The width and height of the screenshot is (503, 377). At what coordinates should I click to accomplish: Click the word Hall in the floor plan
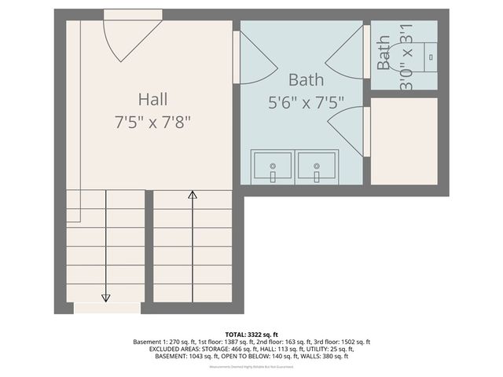click(152, 100)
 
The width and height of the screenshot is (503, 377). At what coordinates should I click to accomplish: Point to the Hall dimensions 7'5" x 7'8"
click(152, 122)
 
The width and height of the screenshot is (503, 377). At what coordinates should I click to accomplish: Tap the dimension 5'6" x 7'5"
click(305, 101)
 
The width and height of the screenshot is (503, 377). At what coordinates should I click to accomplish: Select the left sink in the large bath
click(273, 167)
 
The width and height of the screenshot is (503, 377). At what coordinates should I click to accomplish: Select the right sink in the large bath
click(317, 167)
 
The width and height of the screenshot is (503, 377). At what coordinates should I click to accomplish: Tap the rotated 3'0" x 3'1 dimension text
click(406, 58)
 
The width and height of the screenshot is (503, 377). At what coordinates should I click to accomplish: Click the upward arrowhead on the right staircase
click(192, 196)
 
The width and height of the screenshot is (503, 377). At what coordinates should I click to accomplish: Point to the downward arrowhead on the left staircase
click(105, 297)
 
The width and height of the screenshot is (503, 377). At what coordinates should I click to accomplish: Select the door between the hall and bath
click(255, 57)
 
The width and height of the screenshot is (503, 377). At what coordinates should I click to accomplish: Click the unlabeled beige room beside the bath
click(403, 141)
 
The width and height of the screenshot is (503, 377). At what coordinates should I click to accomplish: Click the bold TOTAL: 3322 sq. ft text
click(251, 335)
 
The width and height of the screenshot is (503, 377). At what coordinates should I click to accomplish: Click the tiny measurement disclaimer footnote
click(251, 367)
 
